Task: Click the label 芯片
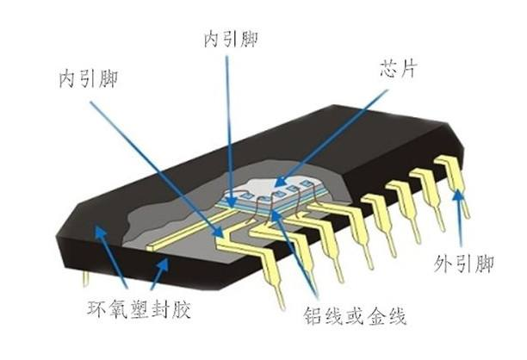(x=399, y=69)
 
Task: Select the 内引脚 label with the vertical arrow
(x=231, y=39)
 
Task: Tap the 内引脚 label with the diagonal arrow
(x=89, y=79)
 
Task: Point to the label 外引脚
(x=464, y=264)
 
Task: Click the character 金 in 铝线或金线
(x=376, y=316)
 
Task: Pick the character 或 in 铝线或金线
(x=356, y=316)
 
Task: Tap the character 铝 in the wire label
(x=313, y=316)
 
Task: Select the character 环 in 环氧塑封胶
(x=97, y=308)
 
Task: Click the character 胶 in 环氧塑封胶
(x=181, y=308)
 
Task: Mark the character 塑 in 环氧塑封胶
(x=139, y=308)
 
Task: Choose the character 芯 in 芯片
(x=389, y=69)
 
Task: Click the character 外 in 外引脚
(x=443, y=264)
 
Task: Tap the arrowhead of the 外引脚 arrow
(x=457, y=196)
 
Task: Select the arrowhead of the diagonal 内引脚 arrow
(x=218, y=231)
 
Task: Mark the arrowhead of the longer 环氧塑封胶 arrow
(x=100, y=232)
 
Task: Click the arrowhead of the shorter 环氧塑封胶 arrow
(x=164, y=264)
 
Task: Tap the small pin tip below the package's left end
(x=86, y=279)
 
